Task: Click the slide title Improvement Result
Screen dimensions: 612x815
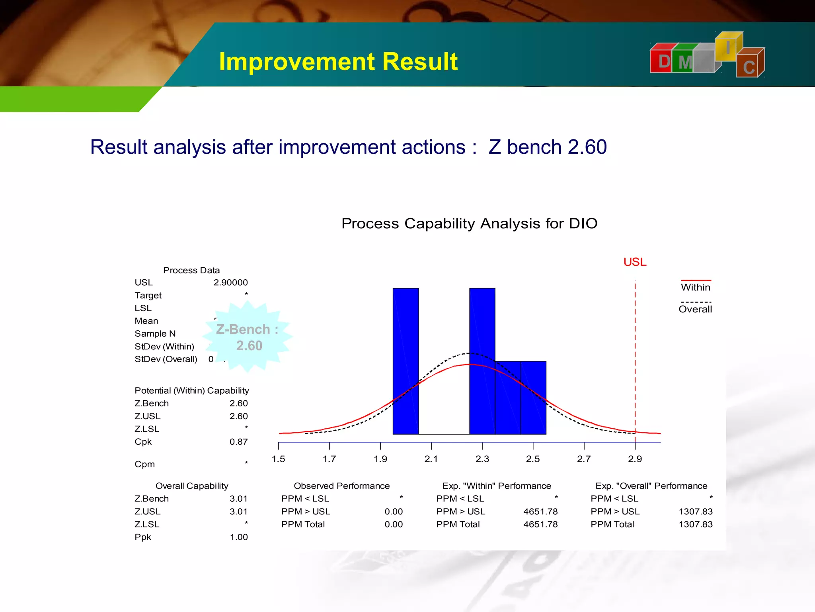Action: (x=338, y=62)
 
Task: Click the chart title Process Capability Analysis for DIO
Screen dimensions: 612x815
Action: (x=469, y=224)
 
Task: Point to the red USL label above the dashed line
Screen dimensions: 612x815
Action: (x=635, y=262)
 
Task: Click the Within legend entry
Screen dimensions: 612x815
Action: (x=695, y=287)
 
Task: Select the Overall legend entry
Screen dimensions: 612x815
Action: (x=695, y=309)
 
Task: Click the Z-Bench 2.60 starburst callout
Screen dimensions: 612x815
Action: (x=248, y=337)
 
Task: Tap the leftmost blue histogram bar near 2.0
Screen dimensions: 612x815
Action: (x=406, y=361)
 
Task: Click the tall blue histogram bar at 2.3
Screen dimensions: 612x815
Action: (x=482, y=361)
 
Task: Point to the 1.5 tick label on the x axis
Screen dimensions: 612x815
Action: (x=278, y=459)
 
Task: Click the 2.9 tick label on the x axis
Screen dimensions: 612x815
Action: (x=635, y=459)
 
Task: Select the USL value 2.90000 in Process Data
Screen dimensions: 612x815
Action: (x=230, y=282)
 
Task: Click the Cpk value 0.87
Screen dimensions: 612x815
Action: (x=238, y=442)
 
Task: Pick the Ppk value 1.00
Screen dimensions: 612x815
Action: (x=238, y=537)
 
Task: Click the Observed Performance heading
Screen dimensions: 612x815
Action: (x=341, y=486)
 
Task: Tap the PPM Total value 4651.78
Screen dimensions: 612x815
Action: (x=540, y=524)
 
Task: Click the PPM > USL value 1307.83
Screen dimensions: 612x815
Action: (x=695, y=512)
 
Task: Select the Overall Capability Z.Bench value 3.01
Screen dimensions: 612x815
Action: (x=238, y=499)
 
